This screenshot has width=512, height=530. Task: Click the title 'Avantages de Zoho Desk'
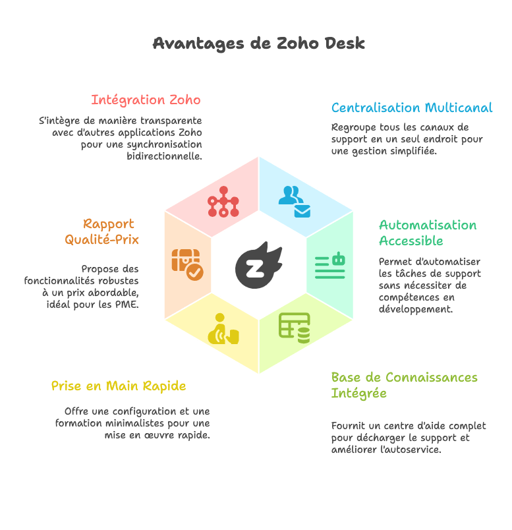coord(258,44)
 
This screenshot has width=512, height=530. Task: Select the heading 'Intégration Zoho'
coord(146,100)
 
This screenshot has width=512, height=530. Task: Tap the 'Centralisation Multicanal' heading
coord(411,107)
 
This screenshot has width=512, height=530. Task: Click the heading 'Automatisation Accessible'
coord(427,233)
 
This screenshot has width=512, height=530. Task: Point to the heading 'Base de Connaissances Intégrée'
coord(404,385)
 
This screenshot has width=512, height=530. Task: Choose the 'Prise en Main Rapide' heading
coord(119,386)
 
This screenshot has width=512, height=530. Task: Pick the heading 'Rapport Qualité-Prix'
coord(102,231)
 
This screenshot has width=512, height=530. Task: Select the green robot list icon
coord(330,265)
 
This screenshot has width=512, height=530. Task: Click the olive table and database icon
coord(295,328)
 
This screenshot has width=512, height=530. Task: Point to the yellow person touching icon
coord(223,329)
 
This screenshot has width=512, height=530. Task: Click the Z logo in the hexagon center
coord(258,265)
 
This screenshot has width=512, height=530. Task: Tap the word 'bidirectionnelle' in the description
coord(164,157)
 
